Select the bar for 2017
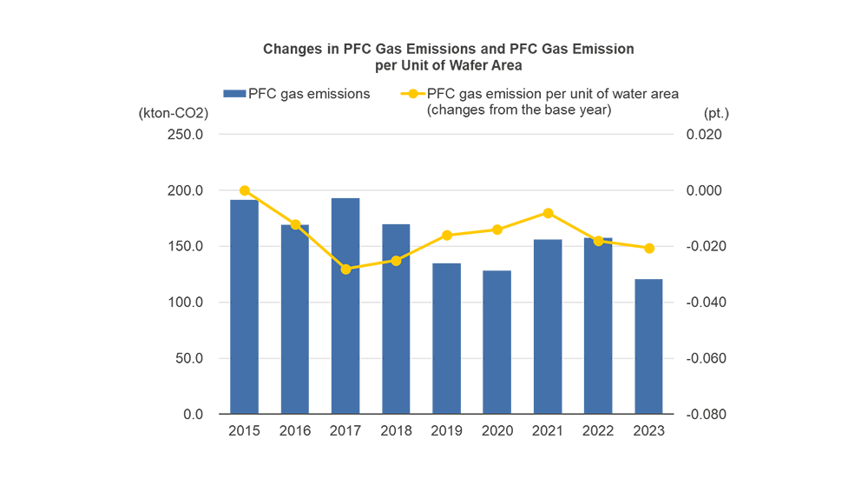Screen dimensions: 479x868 345,306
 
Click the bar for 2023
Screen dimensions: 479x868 649,346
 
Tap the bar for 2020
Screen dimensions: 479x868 497,343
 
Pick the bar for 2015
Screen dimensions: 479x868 244,307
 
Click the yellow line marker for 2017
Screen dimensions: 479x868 345,269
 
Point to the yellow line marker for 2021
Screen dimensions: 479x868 548,213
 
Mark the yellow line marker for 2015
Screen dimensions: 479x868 244,190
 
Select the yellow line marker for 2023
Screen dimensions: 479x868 649,249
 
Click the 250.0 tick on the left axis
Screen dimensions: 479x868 186,135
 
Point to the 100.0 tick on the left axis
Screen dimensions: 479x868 186,303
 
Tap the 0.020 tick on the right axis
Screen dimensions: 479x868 705,135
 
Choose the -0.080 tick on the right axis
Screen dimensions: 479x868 704,414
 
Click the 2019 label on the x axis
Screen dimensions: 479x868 446,430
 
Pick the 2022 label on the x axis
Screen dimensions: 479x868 599,430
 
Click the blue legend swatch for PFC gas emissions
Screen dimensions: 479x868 234,94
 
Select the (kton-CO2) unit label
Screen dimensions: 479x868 174,113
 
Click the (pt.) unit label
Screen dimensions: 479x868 716,113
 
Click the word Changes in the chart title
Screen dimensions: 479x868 292,49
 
